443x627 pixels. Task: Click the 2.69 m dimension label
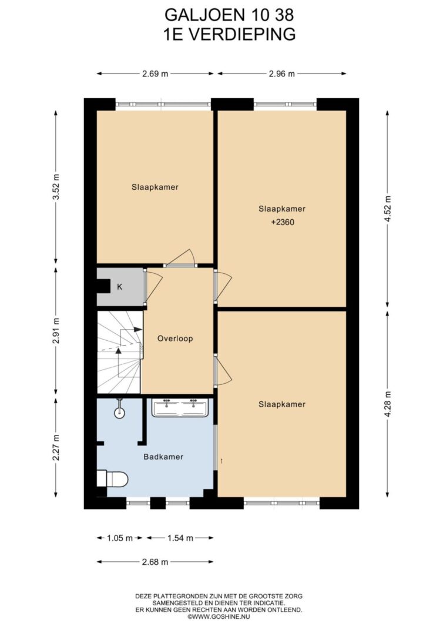155,73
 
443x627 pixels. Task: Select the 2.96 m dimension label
281,73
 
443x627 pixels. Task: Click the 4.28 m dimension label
387,404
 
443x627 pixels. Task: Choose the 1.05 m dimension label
119,538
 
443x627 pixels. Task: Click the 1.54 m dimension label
180,538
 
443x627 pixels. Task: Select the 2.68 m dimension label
155,562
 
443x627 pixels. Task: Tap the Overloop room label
175,338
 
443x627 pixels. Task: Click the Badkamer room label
163,457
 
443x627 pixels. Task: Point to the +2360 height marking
283,222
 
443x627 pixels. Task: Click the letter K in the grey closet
119,287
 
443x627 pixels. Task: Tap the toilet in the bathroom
113,479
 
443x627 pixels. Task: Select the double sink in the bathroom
180,407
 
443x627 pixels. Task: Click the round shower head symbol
119,413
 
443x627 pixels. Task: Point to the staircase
120,353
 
